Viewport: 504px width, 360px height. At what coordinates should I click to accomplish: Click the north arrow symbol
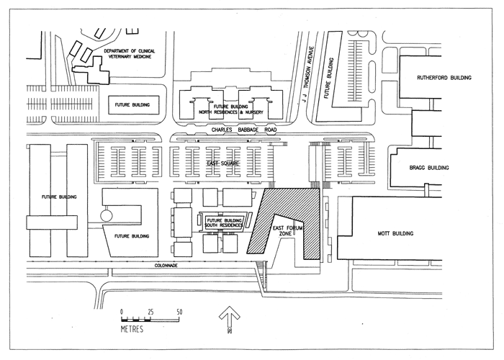click(228, 317)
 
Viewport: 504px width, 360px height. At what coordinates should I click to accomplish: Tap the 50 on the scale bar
click(180, 311)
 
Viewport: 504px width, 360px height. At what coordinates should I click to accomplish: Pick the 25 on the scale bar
click(150, 311)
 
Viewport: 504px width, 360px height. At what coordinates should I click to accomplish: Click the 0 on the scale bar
click(122, 311)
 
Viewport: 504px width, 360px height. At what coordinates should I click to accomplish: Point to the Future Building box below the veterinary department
click(132, 104)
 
